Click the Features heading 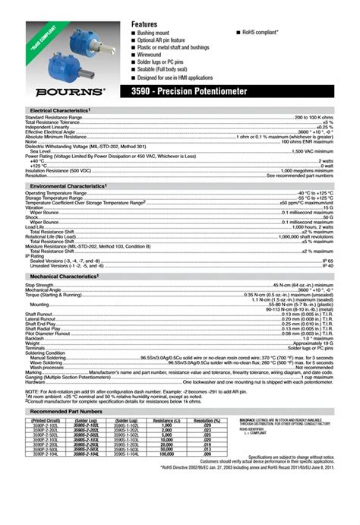pos(144,25)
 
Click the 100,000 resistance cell pos(163,453)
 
